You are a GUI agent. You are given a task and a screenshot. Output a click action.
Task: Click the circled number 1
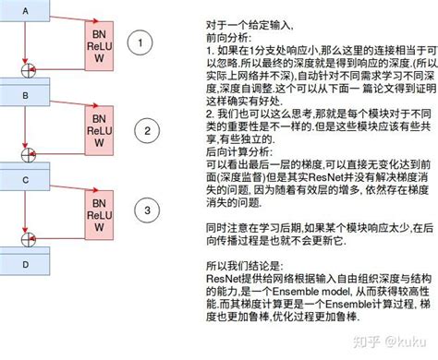point(140,42)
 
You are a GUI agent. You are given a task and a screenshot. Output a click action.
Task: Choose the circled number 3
point(144,212)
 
